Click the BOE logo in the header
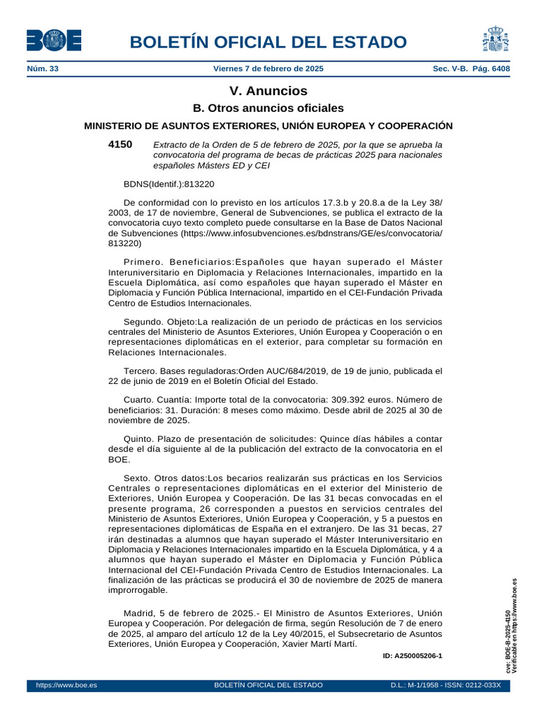[x=54, y=41]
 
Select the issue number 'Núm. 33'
[x=42, y=69]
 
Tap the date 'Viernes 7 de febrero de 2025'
[x=268, y=69]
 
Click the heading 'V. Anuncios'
[x=268, y=91]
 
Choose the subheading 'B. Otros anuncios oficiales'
[x=268, y=108]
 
